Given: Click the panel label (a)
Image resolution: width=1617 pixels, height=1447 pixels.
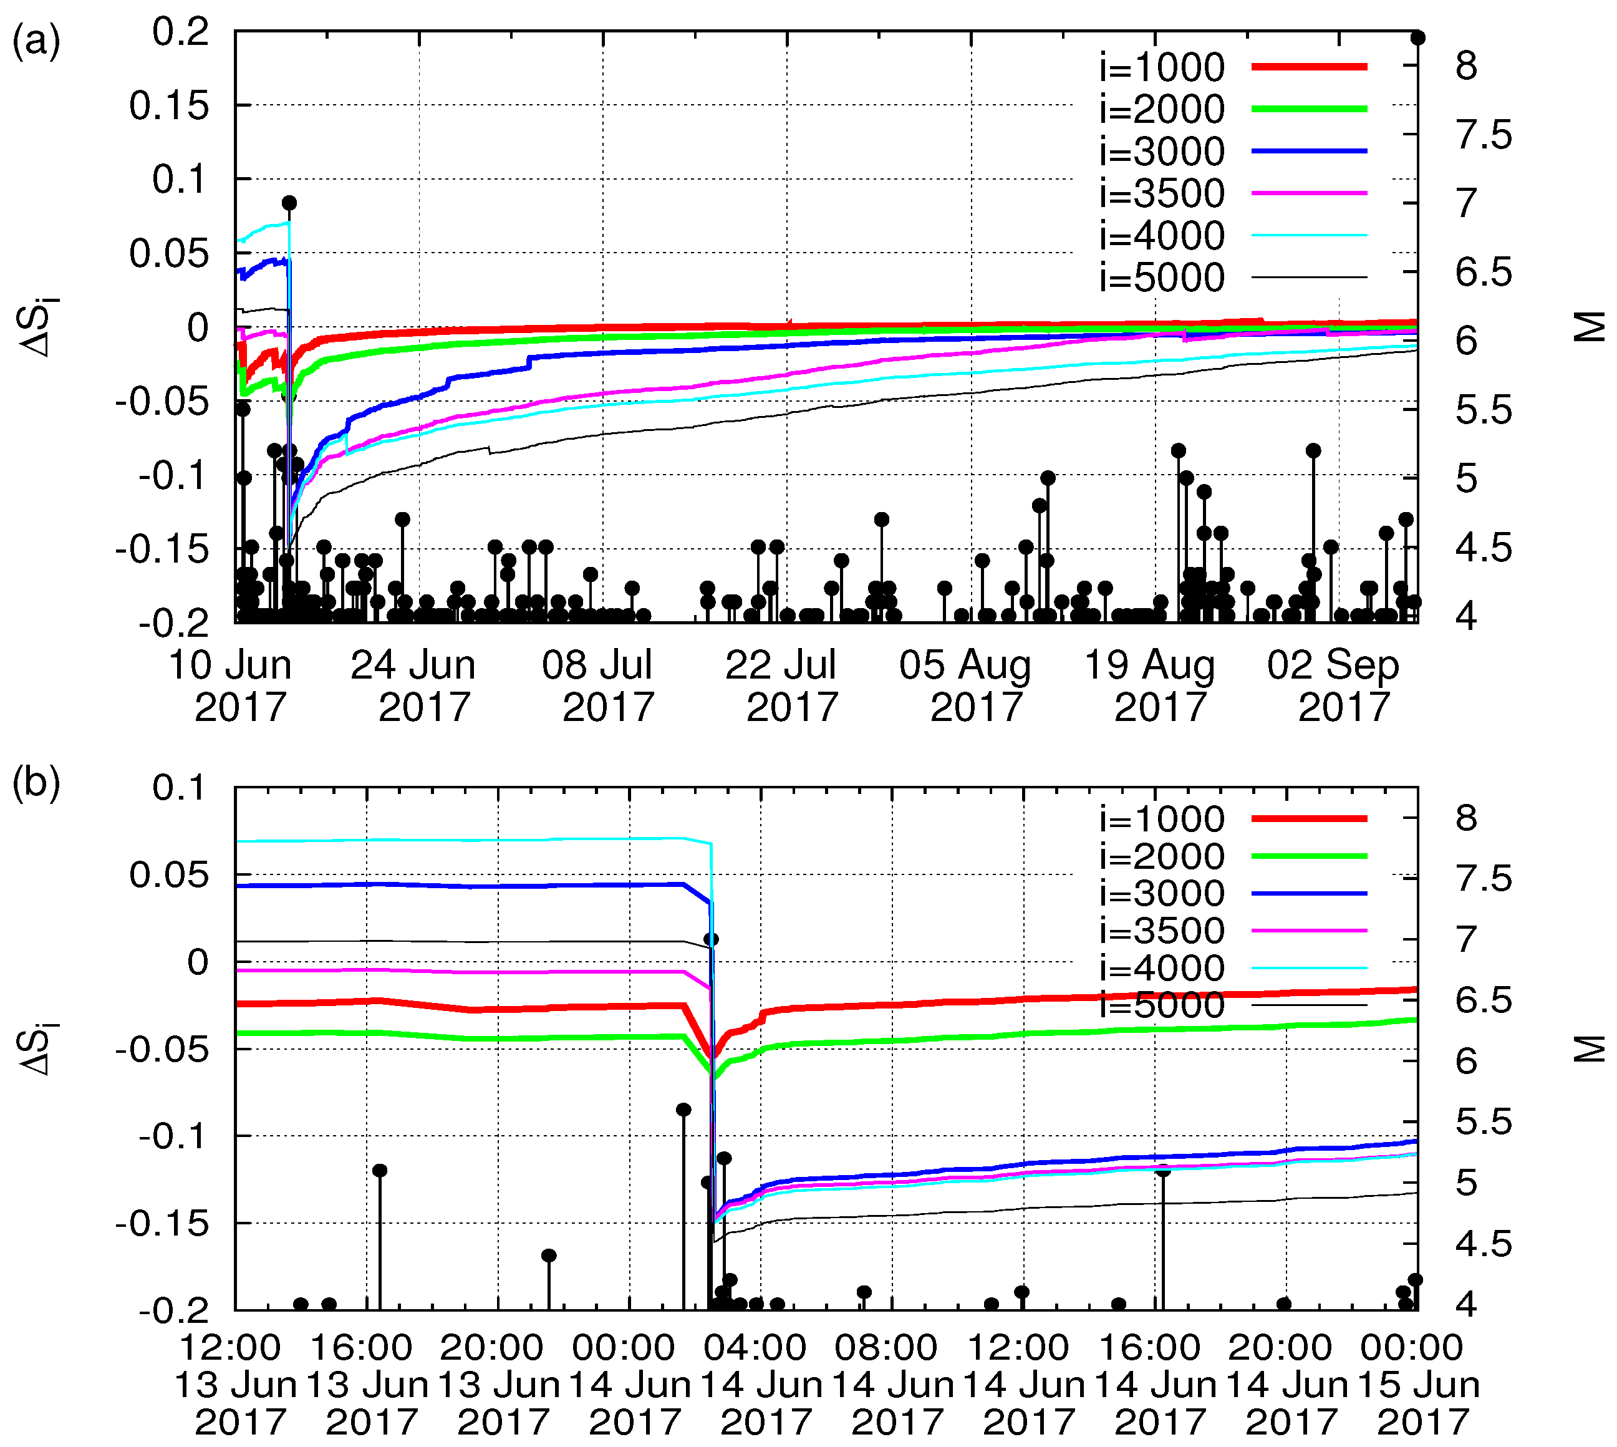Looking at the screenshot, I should (36, 41).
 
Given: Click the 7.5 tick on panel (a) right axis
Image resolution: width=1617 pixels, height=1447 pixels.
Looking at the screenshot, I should (1484, 135).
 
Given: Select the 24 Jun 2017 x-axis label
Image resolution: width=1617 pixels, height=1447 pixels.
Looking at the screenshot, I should (413, 685).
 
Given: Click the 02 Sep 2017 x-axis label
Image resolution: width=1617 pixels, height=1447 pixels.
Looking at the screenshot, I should (1333, 685).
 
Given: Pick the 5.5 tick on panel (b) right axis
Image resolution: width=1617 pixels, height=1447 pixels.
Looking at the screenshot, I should (1484, 1122).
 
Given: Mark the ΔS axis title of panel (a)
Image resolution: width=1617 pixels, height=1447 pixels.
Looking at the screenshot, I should (38, 327).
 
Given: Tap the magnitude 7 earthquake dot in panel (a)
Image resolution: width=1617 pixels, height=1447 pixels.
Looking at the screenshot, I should (289, 203).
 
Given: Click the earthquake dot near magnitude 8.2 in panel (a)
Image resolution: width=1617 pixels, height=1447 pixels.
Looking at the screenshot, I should (1417, 37).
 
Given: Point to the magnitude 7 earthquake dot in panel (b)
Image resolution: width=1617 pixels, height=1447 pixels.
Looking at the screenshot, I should (712, 939).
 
